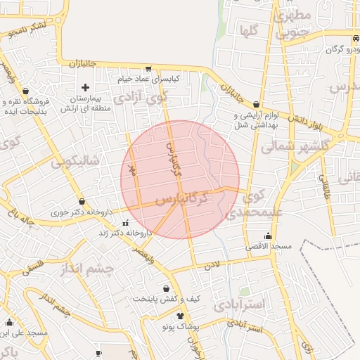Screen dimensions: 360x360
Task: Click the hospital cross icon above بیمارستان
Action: tap(86, 87)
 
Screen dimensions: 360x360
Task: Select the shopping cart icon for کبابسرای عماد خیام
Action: tap(148, 69)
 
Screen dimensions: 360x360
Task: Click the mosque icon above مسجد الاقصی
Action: tap(267, 236)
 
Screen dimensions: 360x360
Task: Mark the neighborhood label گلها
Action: tap(247, 30)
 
